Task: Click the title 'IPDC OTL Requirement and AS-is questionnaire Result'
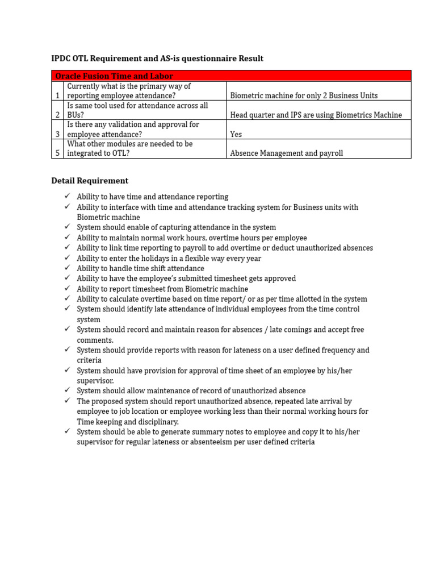pos(157,59)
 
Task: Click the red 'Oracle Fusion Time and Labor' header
pos(114,76)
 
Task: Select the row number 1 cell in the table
pos(57,95)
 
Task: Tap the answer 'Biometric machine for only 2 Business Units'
pos(304,95)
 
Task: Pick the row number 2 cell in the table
pos(57,115)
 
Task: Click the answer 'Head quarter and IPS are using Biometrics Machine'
pos(316,115)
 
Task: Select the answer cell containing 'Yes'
pos(236,134)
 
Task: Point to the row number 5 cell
pos(57,153)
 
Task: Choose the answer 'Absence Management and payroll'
pos(287,153)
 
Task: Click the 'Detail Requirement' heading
pos(90,181)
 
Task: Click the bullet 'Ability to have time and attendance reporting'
pos(153,197)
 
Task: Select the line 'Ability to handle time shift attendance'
pos(140,268)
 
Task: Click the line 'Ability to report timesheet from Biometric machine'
pos(162,289)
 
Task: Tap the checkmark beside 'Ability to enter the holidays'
pos(66,258)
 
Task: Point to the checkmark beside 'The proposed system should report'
pos(66,401)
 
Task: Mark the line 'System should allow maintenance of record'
pos(191,391)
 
